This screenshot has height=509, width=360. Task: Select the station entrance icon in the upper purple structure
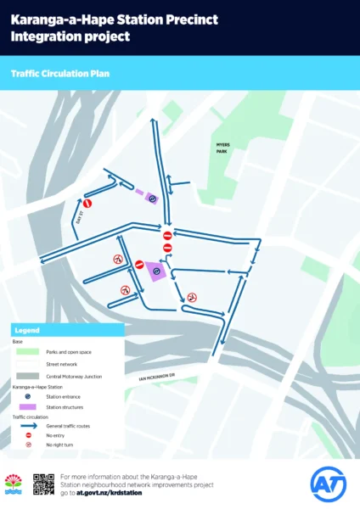pos(151,199)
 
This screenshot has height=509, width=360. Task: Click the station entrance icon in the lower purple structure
pos(155,271)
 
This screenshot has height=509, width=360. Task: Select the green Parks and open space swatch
pos(28,350)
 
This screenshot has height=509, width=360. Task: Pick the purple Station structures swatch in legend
pos(28,406)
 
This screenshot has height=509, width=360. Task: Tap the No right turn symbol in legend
pos(28,445)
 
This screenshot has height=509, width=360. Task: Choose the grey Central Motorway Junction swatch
pos(28,374)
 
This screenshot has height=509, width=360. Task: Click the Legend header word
pos(27,329)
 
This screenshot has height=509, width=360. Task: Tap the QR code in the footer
pos(43,484)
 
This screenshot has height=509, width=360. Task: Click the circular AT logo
pos(328,484)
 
